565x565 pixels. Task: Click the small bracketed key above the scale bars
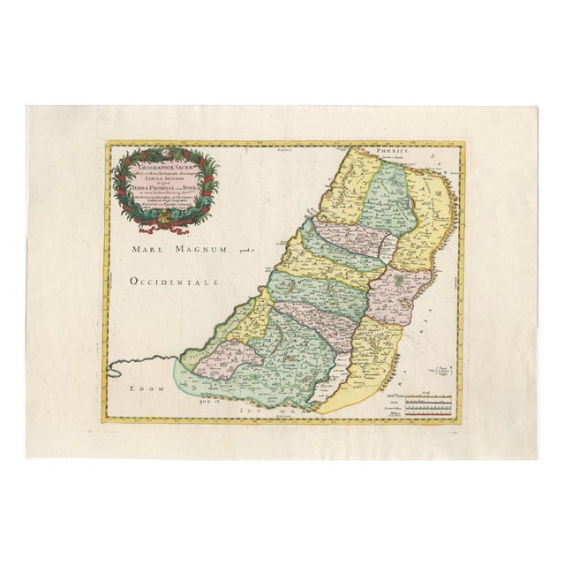pos(446,365)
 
